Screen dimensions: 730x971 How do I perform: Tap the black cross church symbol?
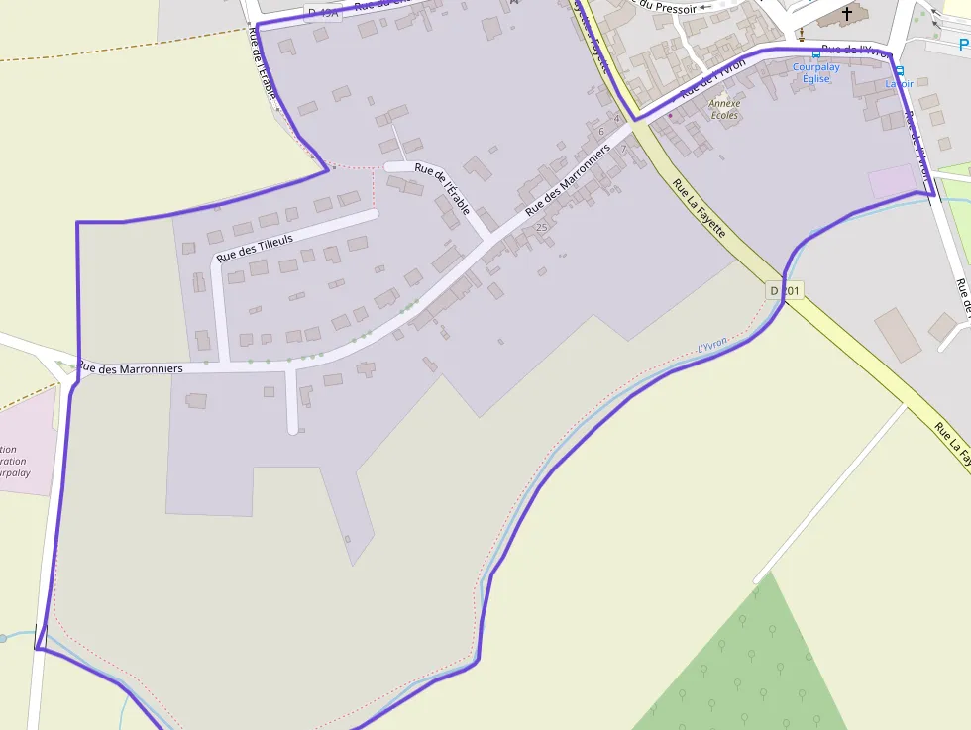point(847,14)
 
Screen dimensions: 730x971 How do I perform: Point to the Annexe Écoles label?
point(725,109)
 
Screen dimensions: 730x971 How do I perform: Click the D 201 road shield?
point(785,290)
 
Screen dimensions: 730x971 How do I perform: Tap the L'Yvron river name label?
point(712,344)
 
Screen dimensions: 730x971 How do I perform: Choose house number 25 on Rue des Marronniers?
point(541,227)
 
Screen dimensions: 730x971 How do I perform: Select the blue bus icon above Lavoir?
point(900,70)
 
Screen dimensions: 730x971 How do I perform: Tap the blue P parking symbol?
point(964,44)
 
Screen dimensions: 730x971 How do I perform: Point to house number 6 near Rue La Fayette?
point(601,131)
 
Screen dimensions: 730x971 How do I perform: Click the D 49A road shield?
point(323,13)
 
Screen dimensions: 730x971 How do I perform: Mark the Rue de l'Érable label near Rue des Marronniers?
point(439,179)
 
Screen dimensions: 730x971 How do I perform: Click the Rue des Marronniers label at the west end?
point(131,368)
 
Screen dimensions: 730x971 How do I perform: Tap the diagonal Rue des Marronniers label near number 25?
point(567,179)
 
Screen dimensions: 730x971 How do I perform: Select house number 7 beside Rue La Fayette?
point(623,150)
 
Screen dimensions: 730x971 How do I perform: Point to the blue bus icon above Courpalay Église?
point(815,53)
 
